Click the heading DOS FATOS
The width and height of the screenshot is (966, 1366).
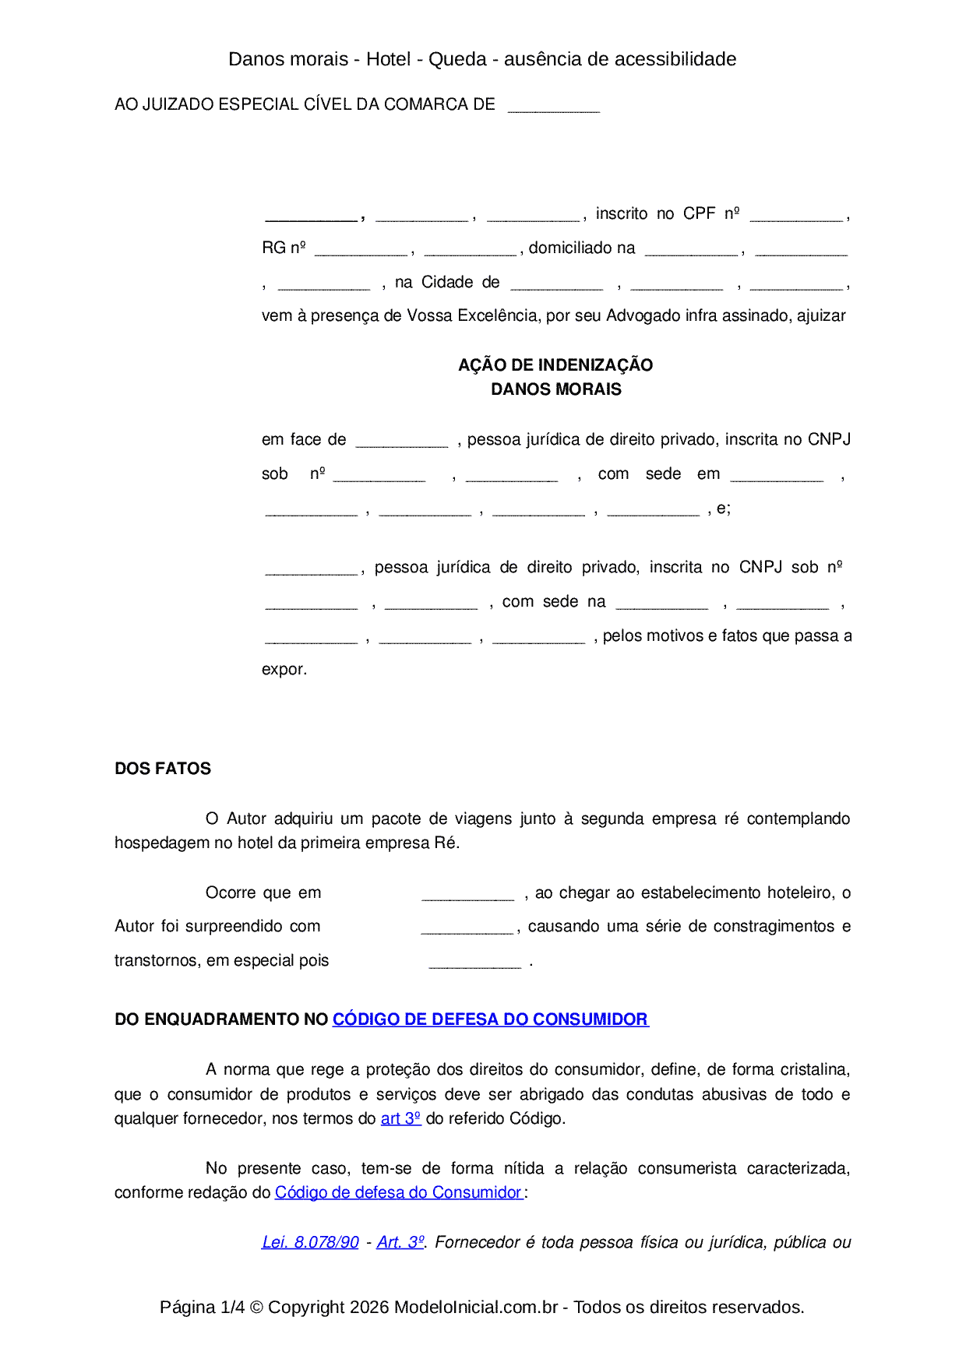[x=163, y=769]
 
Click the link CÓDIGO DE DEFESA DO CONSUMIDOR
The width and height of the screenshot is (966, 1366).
[x=490, y=1019]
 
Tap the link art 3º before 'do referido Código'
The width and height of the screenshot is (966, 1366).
[x=400, y=1118]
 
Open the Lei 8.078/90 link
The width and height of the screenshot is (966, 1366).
[x=310, y=1242]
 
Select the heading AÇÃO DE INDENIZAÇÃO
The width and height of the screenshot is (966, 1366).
[x=555, y=365]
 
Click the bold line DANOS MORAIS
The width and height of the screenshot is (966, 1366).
[x=555, y=389]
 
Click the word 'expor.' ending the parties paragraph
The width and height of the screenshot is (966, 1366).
[x=284, y=670]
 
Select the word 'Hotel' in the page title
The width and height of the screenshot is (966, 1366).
[x=388, y=59]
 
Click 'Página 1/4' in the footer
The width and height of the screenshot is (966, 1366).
[x=202, y=1307]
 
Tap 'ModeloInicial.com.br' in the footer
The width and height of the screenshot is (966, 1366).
[x=476, y=1307]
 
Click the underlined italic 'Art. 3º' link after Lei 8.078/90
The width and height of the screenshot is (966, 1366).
[x=400, y=1242]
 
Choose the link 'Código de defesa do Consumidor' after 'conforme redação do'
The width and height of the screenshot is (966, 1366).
[x=398, y=1192]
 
